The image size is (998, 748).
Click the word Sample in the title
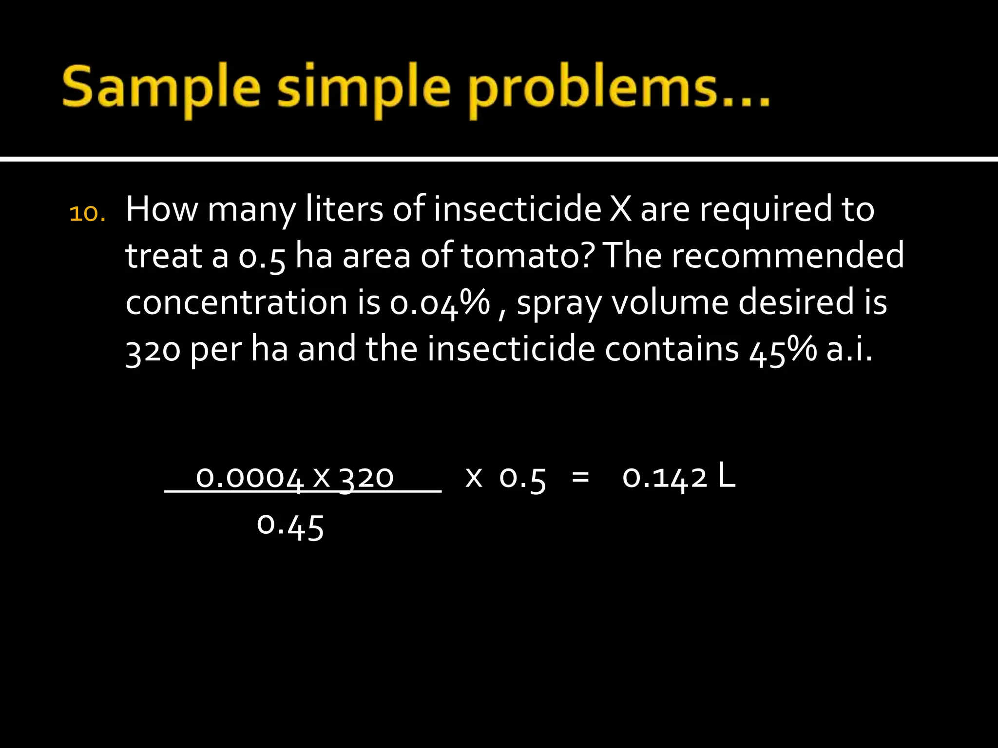pos(161,88)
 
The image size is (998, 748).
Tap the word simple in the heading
pos(363,88)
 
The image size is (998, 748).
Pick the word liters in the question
pos(344,209)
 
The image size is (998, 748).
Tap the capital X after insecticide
pos(620,209)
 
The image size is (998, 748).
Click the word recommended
pos(787,256)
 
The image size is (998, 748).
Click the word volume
pos(670,302)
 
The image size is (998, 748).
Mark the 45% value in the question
pos(783,350)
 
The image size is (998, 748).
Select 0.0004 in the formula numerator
pos(249,477)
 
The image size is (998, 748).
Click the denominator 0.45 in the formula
pos(290,526)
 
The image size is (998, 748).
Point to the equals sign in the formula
pos(580,477)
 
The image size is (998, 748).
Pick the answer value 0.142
pos(665,477)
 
